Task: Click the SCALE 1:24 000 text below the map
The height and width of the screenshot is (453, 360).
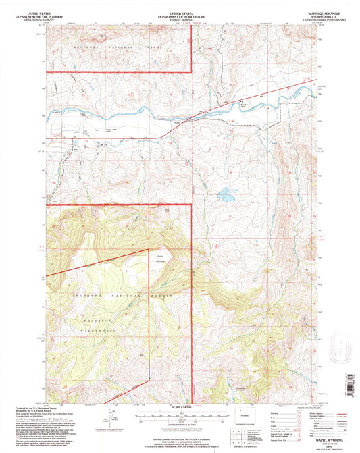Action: pyautogui.click(x=179, y=406)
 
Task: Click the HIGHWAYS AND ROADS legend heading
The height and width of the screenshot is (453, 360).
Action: pyautogui.click(x=311, y=407)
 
